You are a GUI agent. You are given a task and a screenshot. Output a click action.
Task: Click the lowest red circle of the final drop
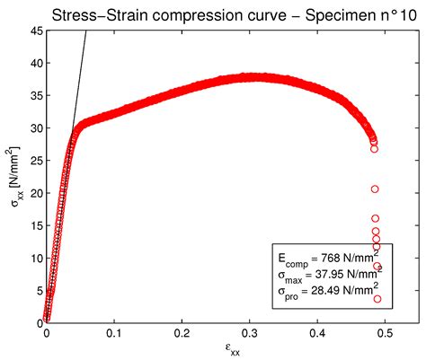pyautogui.click(x=377, y=299)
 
